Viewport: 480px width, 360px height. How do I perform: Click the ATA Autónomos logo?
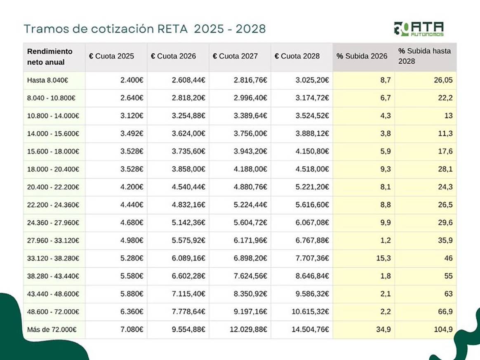coord(419,29)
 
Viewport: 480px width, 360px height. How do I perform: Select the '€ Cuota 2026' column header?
coord(174,56)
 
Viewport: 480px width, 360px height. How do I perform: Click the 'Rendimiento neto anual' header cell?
coord(49,57)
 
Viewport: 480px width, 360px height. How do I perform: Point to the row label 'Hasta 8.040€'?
coord(47,80)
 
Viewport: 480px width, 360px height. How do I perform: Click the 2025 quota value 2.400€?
coord(132,80)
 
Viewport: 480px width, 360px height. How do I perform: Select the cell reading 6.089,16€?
coord(188,259)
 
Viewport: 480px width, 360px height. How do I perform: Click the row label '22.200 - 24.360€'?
coord(53,205)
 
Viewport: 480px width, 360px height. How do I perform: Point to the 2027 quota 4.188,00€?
coord(250,169)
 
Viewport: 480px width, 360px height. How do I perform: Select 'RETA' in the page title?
coord(172,29)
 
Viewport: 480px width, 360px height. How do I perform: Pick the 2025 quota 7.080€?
coord(132,330)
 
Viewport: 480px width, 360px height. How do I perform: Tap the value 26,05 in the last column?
coord(443,80)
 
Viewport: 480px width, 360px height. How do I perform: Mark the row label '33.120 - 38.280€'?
coord(53,259)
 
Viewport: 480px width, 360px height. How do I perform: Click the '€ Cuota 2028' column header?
coord(297,56)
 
